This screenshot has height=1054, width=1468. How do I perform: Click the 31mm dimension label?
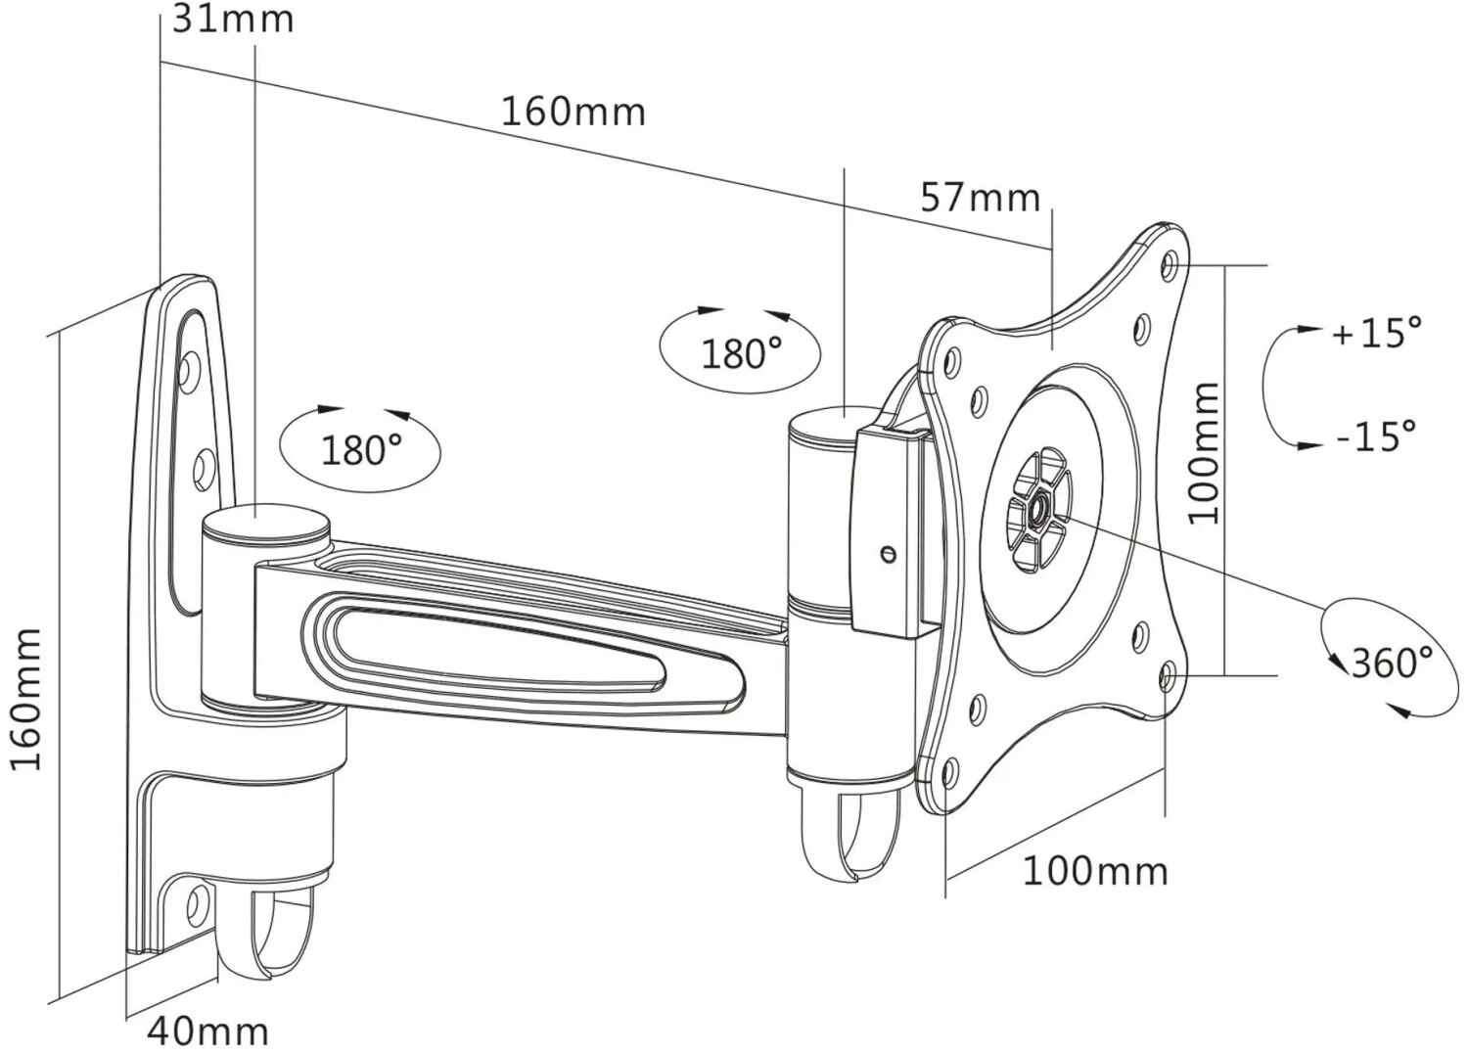[233, 20]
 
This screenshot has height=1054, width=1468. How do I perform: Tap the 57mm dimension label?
[980, 198]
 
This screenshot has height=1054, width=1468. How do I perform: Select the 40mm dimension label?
[207, 1030]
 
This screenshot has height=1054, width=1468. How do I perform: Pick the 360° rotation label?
[1391, 663]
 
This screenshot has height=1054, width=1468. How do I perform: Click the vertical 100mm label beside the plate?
[1204, 452]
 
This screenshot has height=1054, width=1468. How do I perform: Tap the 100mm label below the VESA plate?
[1095, 870]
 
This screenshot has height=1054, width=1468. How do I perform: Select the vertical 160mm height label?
[26, 700]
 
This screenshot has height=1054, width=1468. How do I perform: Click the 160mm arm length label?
[573, 112]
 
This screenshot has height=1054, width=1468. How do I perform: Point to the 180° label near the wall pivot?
[361, 450]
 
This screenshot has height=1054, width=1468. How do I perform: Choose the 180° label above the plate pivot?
[741, 352]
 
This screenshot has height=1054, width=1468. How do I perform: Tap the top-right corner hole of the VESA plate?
[1170, 263]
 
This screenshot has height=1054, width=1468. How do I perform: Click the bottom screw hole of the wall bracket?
[196, 900]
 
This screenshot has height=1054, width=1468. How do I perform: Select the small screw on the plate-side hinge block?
[889, 555]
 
